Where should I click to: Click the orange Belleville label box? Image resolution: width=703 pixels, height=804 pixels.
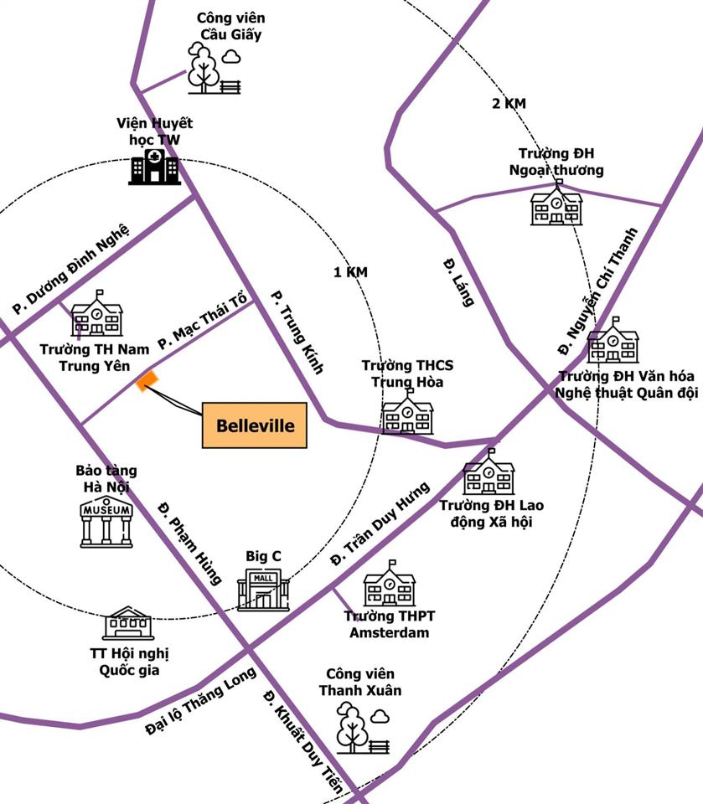click(255, 425)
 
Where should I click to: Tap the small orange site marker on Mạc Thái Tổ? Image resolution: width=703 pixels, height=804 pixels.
click(147, 381)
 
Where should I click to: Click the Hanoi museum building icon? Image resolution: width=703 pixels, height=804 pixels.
click(106, 522)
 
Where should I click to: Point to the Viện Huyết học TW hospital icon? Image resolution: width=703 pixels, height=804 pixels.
click(154, 167)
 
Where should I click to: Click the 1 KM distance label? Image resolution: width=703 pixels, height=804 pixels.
click(350, 271)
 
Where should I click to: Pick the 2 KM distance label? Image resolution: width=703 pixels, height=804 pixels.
click(509, 103)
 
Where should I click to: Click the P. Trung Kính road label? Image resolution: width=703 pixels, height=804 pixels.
click(297, 332)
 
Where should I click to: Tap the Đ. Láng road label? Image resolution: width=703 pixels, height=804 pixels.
click(458, 282)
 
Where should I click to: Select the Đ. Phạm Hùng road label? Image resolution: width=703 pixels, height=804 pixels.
click(190, 544)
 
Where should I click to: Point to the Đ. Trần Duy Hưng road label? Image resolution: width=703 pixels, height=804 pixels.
click(380, 523)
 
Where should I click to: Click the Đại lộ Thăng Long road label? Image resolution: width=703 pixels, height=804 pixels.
click(200, 700)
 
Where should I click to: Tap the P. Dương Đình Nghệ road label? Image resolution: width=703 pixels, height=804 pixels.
click(71, 269)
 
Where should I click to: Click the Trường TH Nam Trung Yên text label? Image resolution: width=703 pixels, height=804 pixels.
click(95, 358)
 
